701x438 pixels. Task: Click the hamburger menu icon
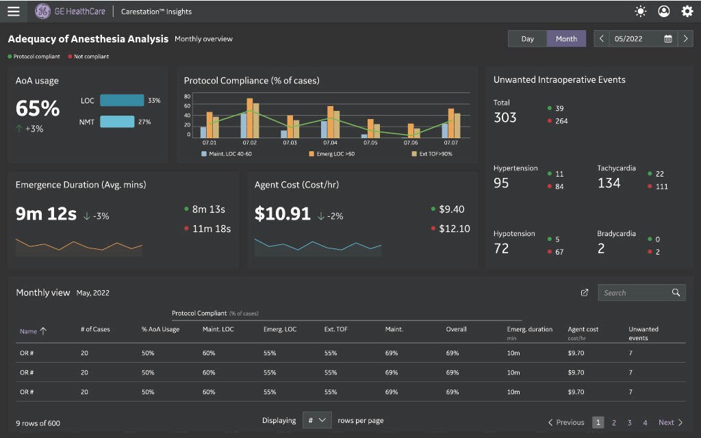[x=14, y=11]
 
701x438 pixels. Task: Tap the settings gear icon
[x=687, y=11]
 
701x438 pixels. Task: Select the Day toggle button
[x=527, y=39]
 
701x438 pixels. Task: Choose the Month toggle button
[x=566, y=39]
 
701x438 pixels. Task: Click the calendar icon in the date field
[x=668, y=39]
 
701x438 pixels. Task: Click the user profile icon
[x=663, y=11]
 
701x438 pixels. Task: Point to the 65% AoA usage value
[x=38, y=108]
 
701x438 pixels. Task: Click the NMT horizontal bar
[x=117, y=122]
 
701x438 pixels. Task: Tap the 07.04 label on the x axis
[x=330, y=142]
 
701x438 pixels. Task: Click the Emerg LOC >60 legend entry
[x=332, y=154]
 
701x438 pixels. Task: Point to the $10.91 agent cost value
[x=283, y=214]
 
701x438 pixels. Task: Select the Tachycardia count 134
[x=609, y=183]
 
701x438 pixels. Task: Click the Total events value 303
[x=505, y=118]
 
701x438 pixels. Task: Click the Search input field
[x=633, y=293]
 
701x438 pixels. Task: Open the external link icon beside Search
[x=585, y=293]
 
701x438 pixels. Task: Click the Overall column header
[x=456, y=329]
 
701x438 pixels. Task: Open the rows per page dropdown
[x=317, y=420]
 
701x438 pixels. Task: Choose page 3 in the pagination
[x=629, y=422]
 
